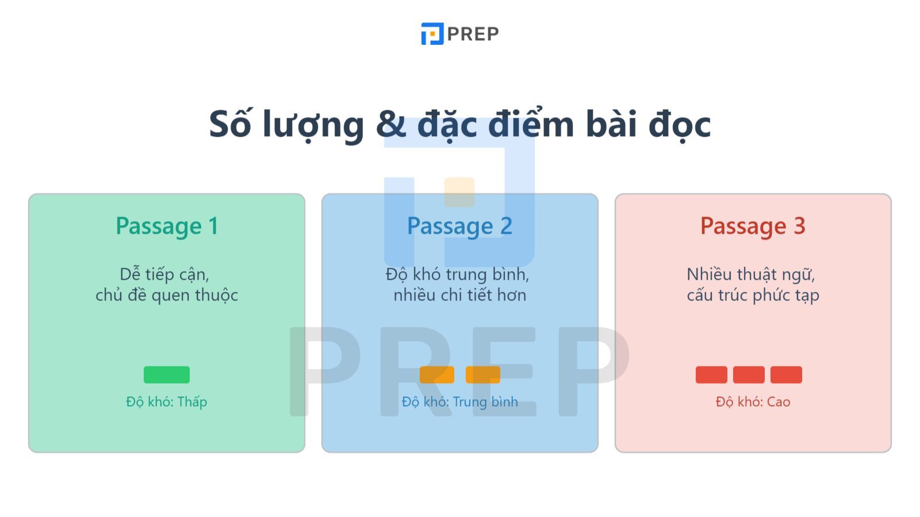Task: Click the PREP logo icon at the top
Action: [x=432, y=34]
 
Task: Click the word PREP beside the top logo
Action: [x=473, y=34]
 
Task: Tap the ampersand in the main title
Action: [x=390, y=124]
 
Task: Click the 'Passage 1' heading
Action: [x=167, y=226]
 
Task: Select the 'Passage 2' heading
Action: [x=459, y=226]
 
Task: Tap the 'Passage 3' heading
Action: [x=753, y=226]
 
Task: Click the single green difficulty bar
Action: [x=167, y=375]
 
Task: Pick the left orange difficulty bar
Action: [x=437, y=375]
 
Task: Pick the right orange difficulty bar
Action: [x=483, y=375]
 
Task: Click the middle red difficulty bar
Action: [x=749, y=375]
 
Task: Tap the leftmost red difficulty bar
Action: [x=711, y=375]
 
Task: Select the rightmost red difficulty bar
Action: [x=786, y=375]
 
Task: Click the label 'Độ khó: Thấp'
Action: [x=166, y=402]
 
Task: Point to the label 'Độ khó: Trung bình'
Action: [x=459, y=402]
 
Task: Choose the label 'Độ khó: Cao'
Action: [x=753, y=402]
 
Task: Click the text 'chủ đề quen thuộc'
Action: [x=167, y=295]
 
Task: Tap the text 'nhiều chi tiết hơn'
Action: [x=459, y=295]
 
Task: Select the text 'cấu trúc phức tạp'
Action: [x=753, y=295]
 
